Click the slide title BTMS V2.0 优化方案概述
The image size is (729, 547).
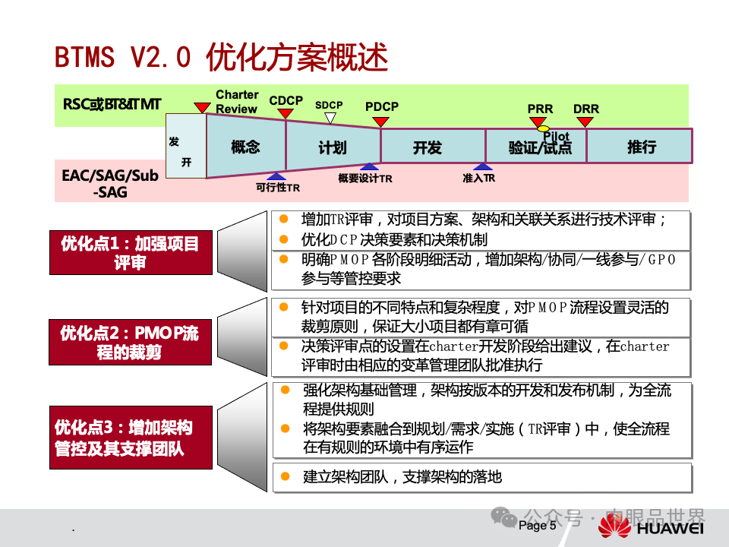point(221,57)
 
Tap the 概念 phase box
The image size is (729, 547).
point(245,147)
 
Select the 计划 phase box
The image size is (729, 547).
point(333,147)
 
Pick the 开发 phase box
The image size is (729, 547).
point(428,147)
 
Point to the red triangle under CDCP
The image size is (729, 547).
point(286,113)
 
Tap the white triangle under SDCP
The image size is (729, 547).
point(330,118)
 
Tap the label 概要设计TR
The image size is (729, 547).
point(364,179)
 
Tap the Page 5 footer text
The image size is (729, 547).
point(538,526)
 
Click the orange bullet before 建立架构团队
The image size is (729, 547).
point(285,477)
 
